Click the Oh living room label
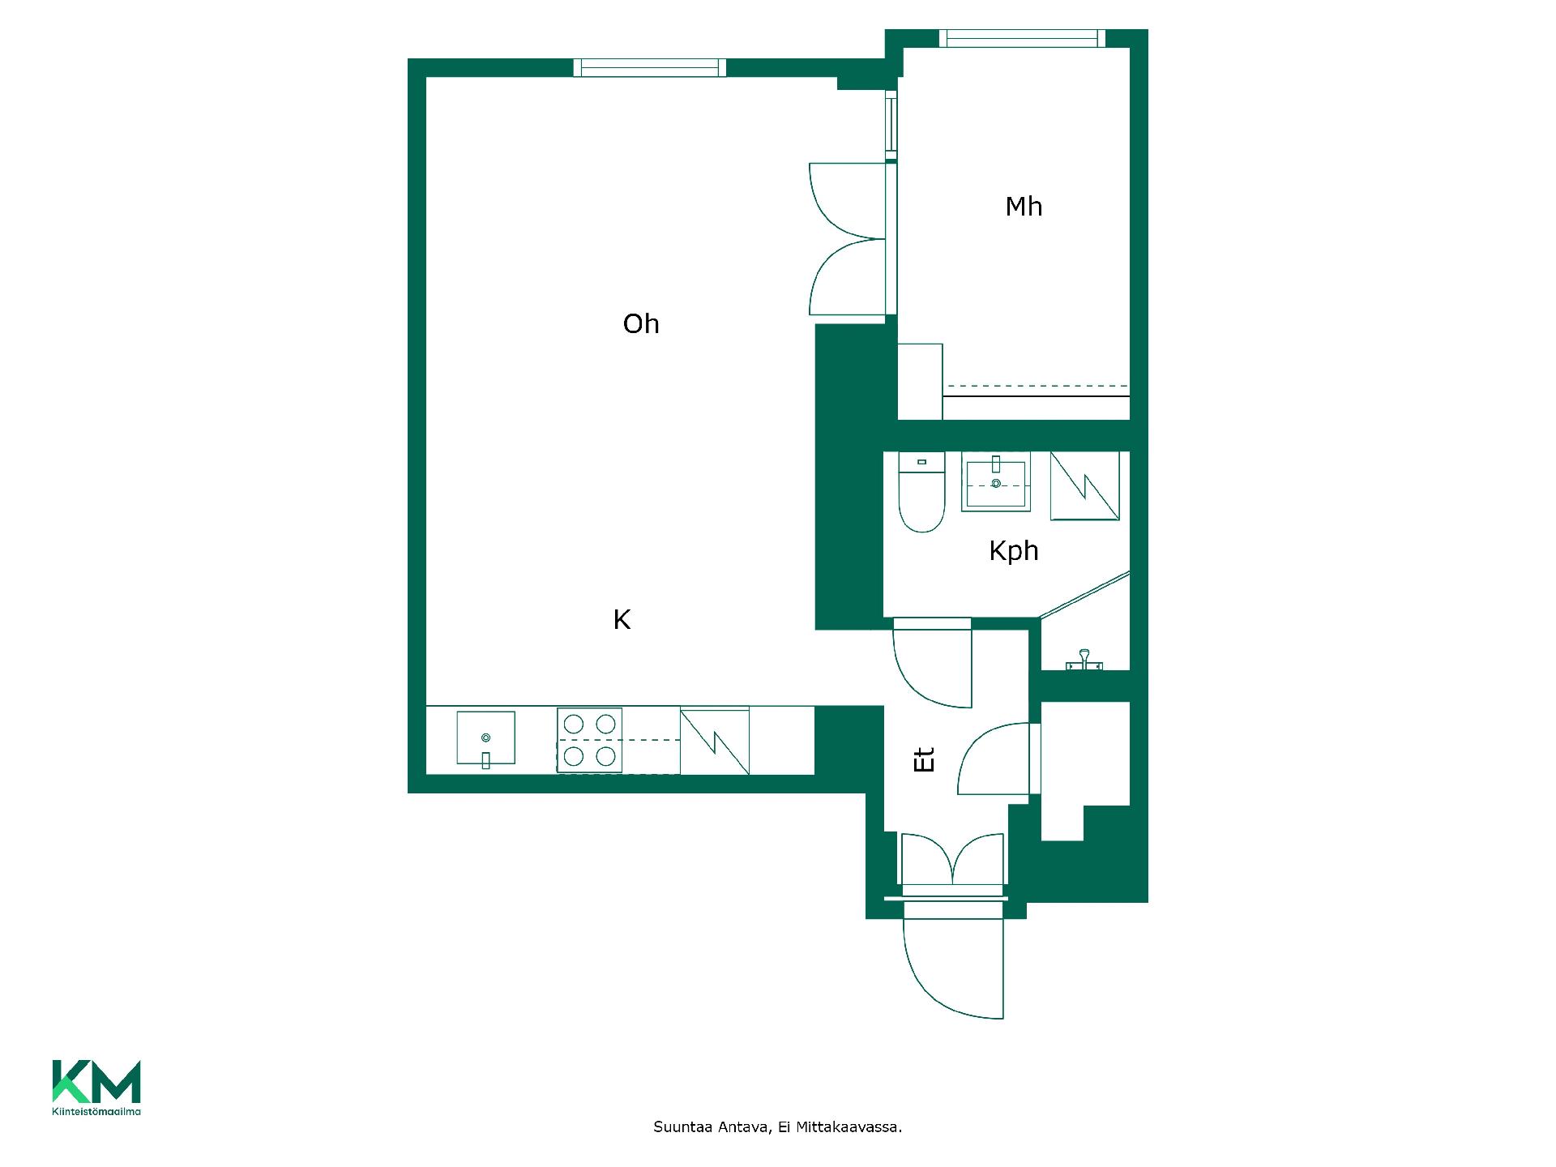coord(641,324)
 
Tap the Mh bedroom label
coord(1024,207)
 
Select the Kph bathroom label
coord(1014,551)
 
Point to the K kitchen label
coord(622,620)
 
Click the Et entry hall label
coord(924,759)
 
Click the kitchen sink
coord(485,737)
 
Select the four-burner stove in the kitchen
coord(589,740)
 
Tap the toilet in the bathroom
coord(922,493)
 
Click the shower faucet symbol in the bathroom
coord(1084,660)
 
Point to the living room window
coord(650,68)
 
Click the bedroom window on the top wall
coord(1022,39)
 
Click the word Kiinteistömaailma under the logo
coord(96,1111)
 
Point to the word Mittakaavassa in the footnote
coord(849,1127)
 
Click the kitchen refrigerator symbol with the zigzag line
coord(714,742)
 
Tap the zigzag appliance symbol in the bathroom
coord(1085,486)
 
